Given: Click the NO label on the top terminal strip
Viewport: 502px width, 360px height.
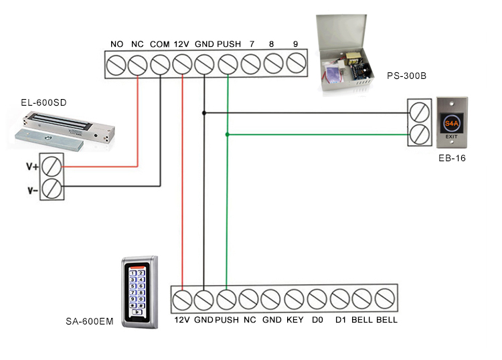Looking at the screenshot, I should [x=116, y=44].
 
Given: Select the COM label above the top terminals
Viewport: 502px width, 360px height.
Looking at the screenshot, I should [x=159, y=44].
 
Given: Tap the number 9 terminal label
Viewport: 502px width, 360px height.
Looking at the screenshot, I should [x=295, y=44].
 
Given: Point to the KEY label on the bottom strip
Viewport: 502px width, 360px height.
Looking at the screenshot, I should [x=295, y=320].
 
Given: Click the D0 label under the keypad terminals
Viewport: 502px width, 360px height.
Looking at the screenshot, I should [x=317, y=320].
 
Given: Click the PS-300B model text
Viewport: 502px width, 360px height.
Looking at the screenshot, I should [x=406, y=76].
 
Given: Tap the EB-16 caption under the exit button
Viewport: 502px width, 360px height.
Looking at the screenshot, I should [x=452, y=159].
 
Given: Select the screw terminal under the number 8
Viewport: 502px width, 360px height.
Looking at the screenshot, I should [x=273, y=65].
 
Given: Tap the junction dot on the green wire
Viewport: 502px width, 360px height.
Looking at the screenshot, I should [x=228, y=134].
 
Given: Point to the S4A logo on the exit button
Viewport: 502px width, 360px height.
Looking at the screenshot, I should [x=452, y=124].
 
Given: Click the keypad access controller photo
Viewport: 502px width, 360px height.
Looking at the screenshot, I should [x=139, y=292].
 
